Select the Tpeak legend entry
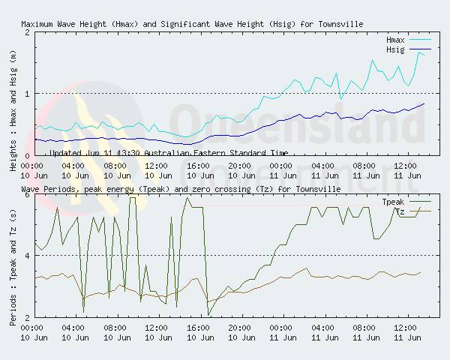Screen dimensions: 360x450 393,202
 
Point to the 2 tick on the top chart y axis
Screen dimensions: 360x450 27,32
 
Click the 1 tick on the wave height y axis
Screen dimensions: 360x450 27,94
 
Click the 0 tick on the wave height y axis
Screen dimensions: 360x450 27,155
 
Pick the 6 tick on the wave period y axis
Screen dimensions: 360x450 27,195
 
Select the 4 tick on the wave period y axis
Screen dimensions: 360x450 27,256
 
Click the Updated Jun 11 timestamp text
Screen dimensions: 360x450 169,152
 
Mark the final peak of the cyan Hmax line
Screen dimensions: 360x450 418,52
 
